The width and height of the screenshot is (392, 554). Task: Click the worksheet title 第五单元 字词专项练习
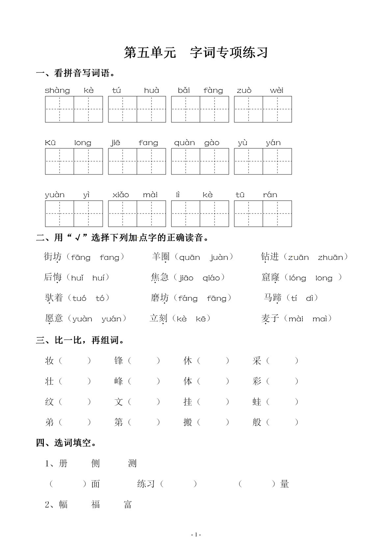[x=196, y=53]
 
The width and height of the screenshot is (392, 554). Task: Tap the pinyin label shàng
[x=57, y=90]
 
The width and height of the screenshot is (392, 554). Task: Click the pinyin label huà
[x=151, y=90]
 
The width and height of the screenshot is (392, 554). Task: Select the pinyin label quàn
[x=184, y=143]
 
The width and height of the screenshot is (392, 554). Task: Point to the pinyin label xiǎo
[x=120, y=195]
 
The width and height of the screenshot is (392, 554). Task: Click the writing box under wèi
[x=277, y=109]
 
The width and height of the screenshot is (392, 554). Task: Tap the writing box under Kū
[x=60, y=161]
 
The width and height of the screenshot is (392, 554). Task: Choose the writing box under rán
[x=277, y=214]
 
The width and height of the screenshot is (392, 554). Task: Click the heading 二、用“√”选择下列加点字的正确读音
[x=122, y=238]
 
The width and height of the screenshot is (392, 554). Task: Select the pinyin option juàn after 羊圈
[x=219, y=257]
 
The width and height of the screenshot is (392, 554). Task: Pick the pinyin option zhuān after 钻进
[x=330, y=257]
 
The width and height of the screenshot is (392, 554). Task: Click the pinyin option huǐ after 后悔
[x=77, y=278]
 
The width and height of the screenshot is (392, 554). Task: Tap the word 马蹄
[x=273, y=298]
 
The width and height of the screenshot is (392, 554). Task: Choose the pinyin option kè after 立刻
[x=182, y=319]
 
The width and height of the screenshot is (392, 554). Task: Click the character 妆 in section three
[x=49, y=361]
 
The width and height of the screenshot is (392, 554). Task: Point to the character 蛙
[x=257, y=402]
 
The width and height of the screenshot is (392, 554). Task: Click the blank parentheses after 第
[x=144, y=422]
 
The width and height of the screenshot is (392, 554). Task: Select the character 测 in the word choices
[x=132, y=464]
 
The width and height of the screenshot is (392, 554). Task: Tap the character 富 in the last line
[x=128, y=504]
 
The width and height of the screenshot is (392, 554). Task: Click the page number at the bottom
[x=196, y=535]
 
